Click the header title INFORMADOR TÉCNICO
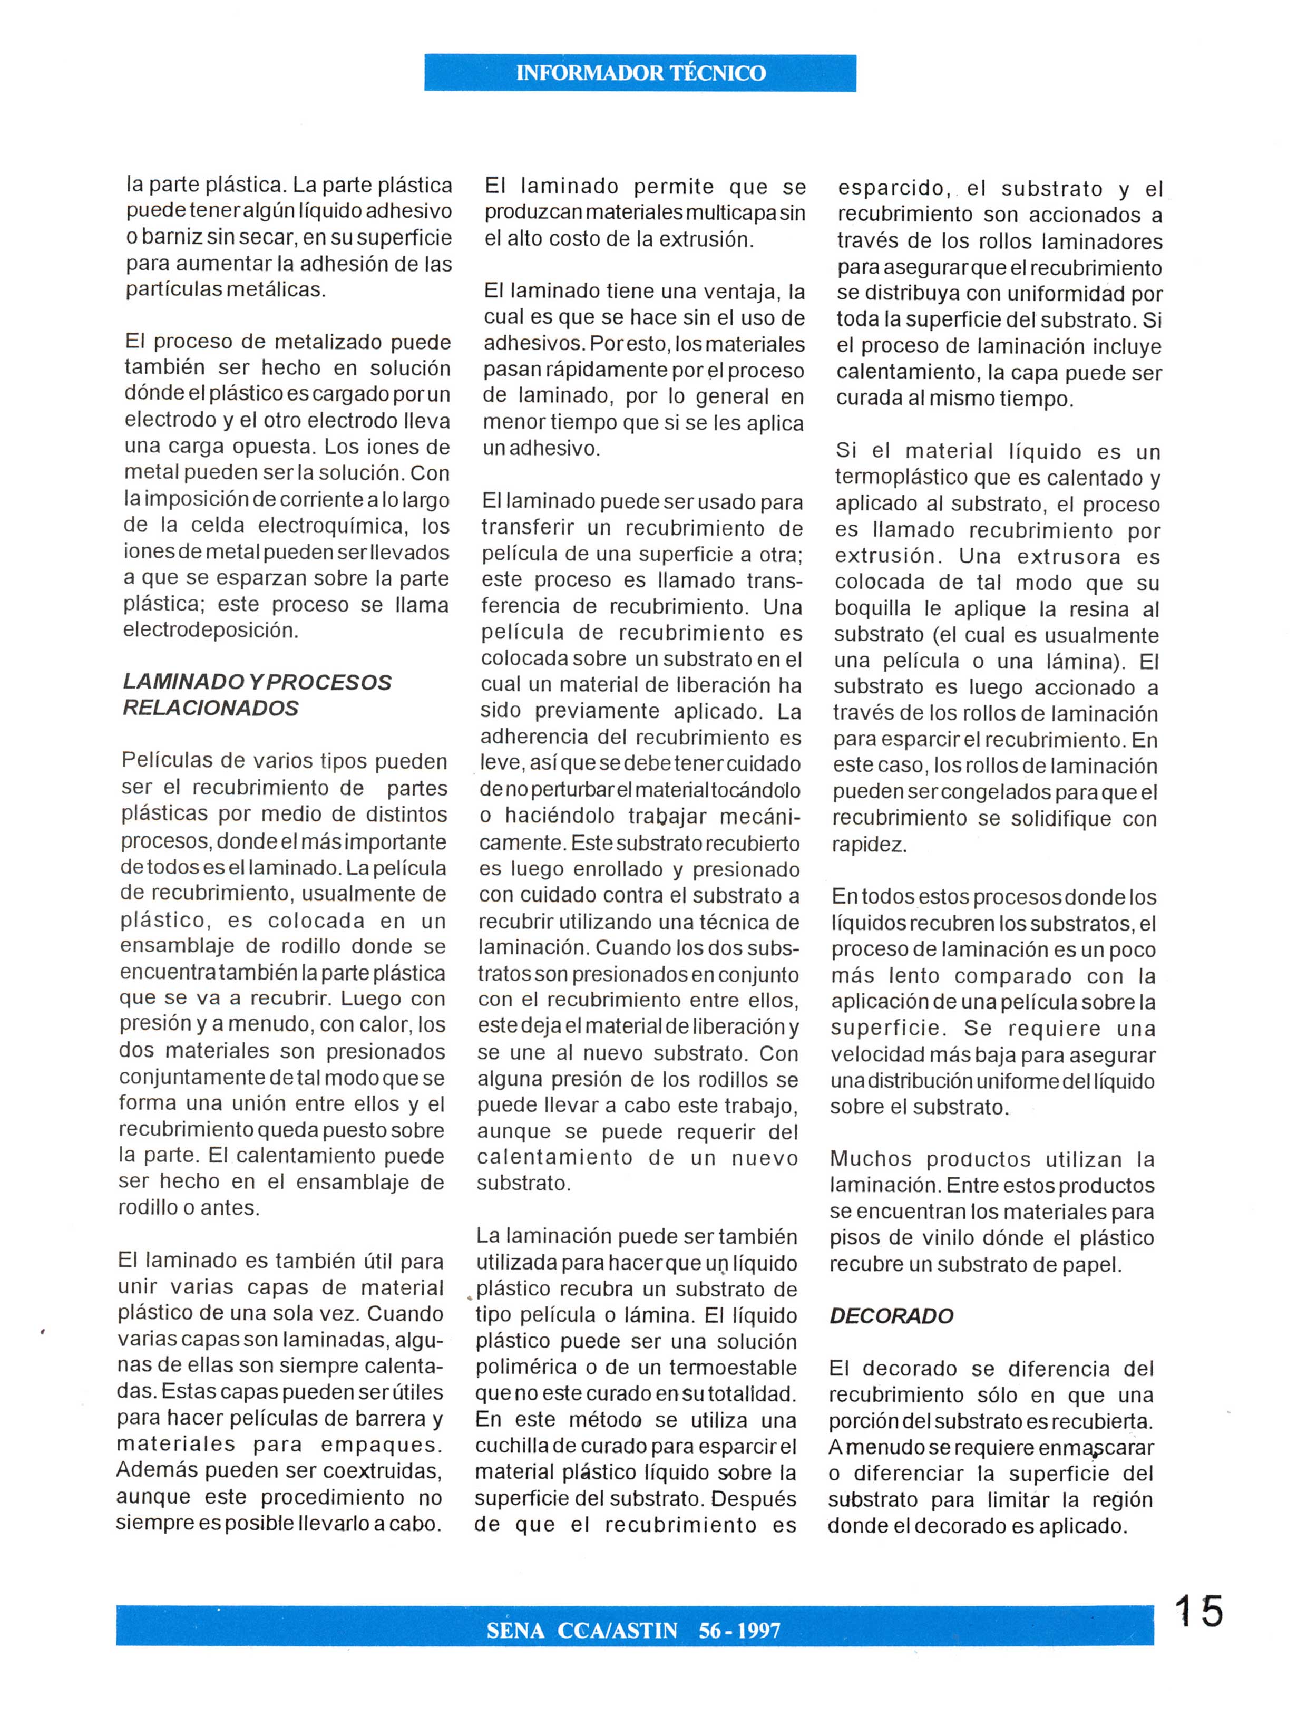pyautogui.click(x=640, y=73)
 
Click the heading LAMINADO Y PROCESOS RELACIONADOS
pyautogui.click(x=257, y=695)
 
